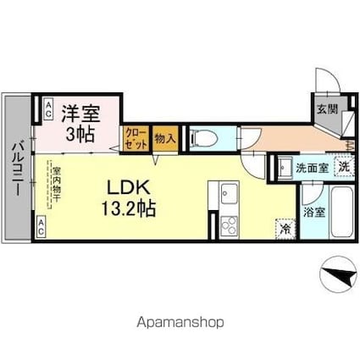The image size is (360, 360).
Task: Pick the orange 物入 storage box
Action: (166, 138)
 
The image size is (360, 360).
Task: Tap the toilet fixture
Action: (201, 137)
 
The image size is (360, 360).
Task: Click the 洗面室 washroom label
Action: (311, 168)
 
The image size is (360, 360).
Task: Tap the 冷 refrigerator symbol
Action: (285, 227)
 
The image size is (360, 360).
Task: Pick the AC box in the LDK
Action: (40, 225)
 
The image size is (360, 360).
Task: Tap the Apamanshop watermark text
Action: (180, 323)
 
